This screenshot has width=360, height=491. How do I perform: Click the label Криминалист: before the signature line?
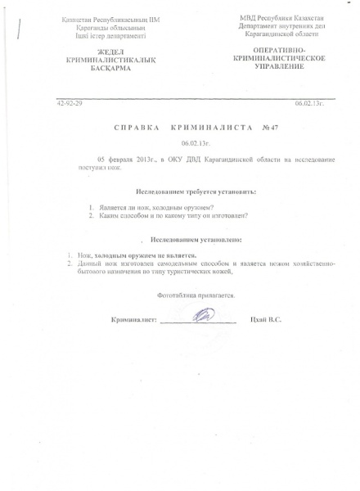pos(133,319)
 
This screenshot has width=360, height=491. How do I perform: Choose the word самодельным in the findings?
pos(164,265)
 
